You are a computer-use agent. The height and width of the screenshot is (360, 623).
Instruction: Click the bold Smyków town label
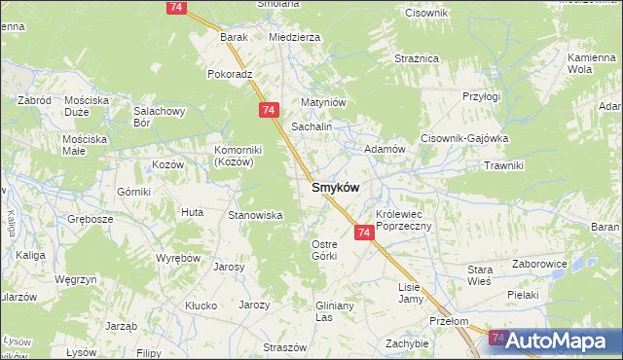[x=336, y=188]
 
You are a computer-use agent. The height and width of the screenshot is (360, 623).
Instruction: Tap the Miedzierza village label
[x=294, y=37]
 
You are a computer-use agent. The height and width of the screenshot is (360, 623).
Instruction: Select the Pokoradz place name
[x=230, y=73]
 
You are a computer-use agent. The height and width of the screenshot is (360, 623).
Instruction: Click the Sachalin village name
[x=312, y=127]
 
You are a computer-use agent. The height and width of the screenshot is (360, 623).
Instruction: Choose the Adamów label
[x=384, y=149]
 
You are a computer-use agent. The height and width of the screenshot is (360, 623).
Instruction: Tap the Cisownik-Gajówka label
[x=464, y=138]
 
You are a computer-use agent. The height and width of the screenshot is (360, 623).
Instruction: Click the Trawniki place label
[x=504, y=165]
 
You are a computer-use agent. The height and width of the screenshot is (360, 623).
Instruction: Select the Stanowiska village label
[x=254, y=215]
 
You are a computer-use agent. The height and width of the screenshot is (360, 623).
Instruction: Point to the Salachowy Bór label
[x=159, y=117]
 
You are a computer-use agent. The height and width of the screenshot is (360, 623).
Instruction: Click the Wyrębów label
[x=178, y=258]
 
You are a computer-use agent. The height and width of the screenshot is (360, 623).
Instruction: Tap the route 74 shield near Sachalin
[x=270, y=111]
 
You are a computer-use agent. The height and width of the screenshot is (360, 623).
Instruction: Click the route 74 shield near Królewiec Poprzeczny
[x=364, y=233]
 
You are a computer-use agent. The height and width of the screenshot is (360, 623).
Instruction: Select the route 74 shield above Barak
[x=176, y=7]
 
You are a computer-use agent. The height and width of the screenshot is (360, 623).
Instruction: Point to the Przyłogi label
[x=481, y=96]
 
